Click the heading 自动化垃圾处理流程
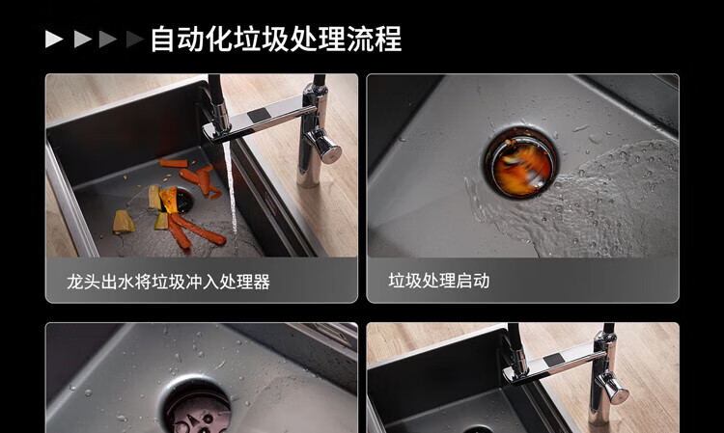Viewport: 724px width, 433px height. click(x=276, y=39)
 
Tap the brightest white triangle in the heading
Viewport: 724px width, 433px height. click(x=53, y=40)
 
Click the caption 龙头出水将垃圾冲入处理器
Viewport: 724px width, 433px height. click(x=168, y=282)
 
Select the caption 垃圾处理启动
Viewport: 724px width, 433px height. click(x=438, y=281)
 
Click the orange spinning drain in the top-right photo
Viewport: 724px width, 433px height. click(x=521, y=163)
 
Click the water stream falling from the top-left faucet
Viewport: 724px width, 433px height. click(x=231, y=194)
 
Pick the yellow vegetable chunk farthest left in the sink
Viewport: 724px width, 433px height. click(x=124, y=222)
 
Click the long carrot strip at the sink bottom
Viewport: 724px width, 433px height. click(x=199, y=229)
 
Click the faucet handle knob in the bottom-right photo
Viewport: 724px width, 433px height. click(x=612, y=388)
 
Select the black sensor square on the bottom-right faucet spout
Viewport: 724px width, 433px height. click(x=553, y=360)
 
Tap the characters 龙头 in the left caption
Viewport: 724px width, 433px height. click(x=83, y=282)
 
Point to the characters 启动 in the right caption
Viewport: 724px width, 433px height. click(x=472, y=281)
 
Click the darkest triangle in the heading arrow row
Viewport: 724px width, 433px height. click(x=134, y=40)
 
